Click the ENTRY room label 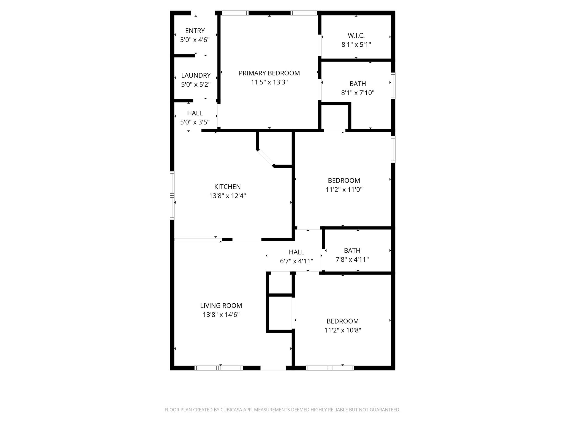click(195, 31)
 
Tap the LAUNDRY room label click(196, 75)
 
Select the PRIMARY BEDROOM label click(269, 73)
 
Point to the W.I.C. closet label click(356, 36)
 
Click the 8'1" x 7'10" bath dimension click(358, 93)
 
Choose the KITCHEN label click(228, 187)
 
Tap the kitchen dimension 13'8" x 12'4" click(228, 196)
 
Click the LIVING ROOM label click(221, 306)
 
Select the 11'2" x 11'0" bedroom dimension click(344, 190)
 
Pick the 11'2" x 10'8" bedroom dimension click(343, 330)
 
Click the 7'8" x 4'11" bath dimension click(352, 260)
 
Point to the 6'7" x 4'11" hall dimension click(297, 261)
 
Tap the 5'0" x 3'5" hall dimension click(195, 122)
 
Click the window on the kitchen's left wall click(172, 195)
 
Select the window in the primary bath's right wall click(393, 86)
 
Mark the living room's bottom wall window click(219, 368)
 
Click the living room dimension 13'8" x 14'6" click(221, 315)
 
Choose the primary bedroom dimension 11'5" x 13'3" click(269, 82)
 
